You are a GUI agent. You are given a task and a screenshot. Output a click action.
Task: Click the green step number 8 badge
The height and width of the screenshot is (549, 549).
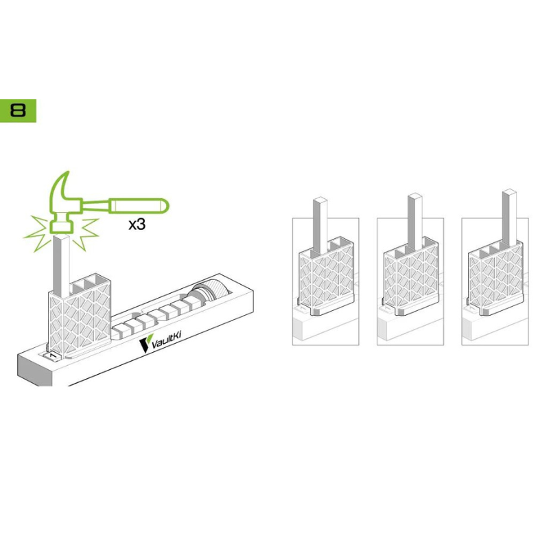click(18, 110)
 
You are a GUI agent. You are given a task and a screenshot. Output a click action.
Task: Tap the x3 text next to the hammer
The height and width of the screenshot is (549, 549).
click(137, 224)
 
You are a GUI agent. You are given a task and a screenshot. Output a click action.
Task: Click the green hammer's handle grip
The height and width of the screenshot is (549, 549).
click(139, 205)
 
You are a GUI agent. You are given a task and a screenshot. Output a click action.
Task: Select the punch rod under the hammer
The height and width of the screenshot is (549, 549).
click(61, 264)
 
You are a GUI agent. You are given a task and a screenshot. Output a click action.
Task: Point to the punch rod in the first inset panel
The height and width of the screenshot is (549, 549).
click(320, 226)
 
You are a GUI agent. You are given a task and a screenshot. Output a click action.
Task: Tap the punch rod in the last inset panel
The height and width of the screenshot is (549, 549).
click(509, 216)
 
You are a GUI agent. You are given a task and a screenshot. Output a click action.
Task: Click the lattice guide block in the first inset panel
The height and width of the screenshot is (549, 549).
click(325, 277)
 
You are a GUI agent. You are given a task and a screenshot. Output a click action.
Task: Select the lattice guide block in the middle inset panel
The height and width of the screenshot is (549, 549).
click(410, 277)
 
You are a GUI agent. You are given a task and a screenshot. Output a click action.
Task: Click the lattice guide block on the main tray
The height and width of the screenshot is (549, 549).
click(80, 315)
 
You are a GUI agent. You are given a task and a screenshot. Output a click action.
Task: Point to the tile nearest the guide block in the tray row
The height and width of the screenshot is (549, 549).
click(119, 331)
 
